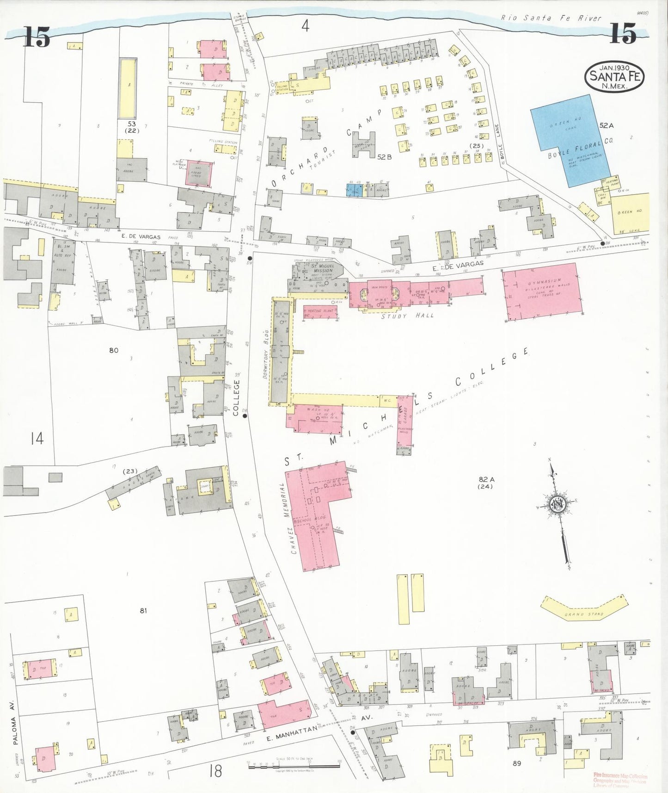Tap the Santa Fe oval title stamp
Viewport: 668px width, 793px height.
click(x=614, y=76)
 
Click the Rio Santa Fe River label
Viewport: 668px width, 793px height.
click(x=551, y=18)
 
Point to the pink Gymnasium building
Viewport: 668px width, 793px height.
click(x=542, y=291)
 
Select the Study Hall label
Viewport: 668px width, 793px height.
click(x=407, y=316)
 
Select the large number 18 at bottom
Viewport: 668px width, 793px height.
click(x=215, y=771)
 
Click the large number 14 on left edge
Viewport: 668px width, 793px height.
click(x=37, y=438)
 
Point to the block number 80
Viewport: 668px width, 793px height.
click(x=114, y=350)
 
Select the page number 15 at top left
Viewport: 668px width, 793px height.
click(x=37, y=37)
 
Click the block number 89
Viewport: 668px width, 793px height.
click(x=516, y=763)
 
